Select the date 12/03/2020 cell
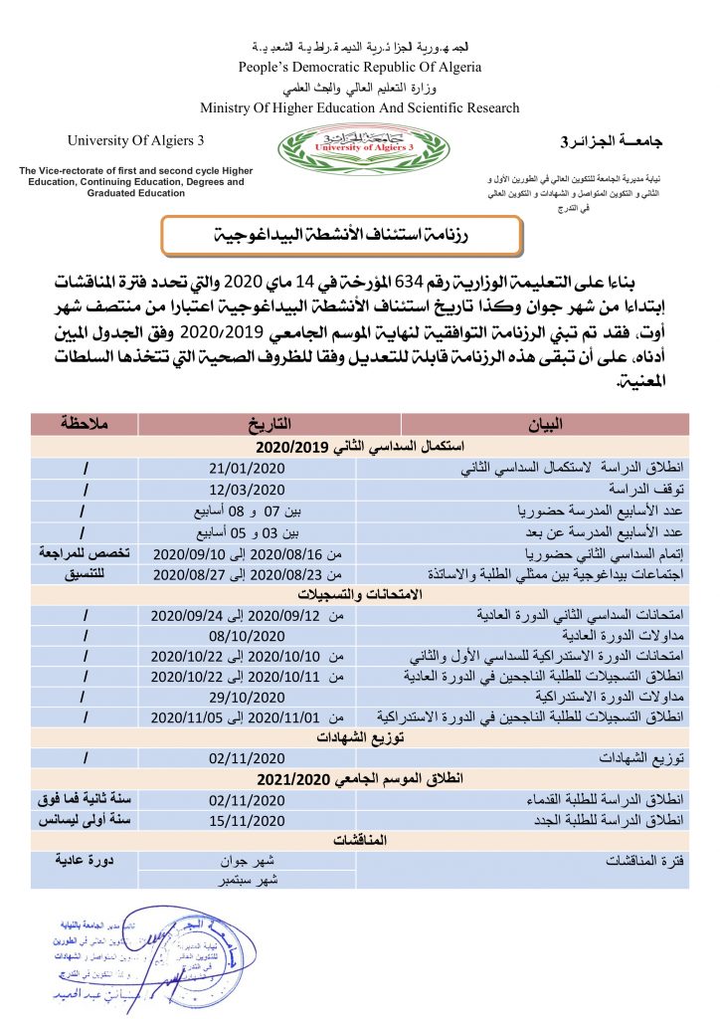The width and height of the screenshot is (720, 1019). [x=248, y=488]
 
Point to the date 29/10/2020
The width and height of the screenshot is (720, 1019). [x=248, y=697]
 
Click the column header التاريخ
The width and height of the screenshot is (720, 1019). [x=248, y=423]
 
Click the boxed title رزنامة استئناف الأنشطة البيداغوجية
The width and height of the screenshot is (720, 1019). [x=342, y=236]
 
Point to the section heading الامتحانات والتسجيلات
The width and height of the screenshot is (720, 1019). [x=359, y=592]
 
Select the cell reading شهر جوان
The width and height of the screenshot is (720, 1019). [x=248, y=859]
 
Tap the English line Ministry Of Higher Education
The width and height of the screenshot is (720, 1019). [x=359, y=107]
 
